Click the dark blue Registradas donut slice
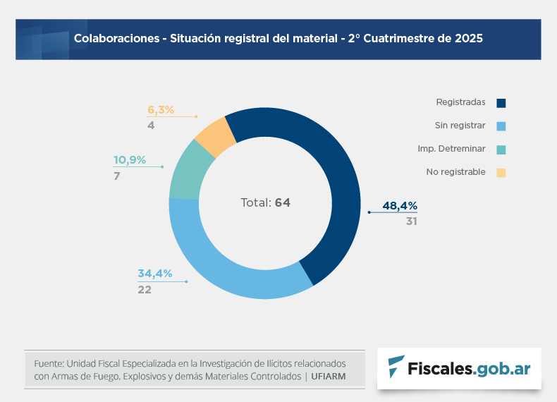pos(331,176)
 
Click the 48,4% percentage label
pos(400,206)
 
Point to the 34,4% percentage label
pos(155,274)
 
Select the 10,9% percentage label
pos(130,160)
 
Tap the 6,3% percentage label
pos(161,109)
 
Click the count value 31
pos(412,221)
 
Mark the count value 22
pos(145,289)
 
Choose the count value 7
pos(117,176)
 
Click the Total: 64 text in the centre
pos(265,202)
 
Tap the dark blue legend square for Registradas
pos(501,103)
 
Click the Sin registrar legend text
pos(460,126)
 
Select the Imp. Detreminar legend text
pos(451,149)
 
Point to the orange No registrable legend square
pos(501,172)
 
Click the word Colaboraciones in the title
pos(116,39)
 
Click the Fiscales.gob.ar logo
pos(459,367)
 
